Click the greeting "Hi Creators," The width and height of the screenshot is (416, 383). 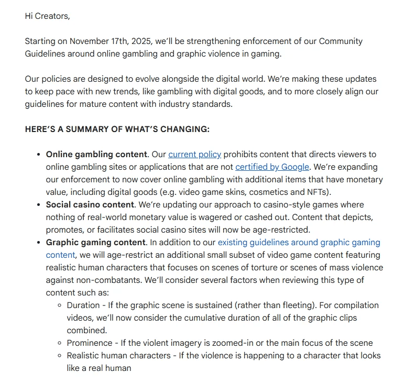pos(47,16)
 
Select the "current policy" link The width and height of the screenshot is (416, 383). pos(194,154)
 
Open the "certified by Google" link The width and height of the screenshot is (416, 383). pos(272,167)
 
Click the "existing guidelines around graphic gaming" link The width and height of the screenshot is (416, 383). pos(299,242)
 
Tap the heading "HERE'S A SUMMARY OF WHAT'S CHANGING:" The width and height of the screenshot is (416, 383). pos(117,129)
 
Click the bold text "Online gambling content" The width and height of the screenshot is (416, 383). pos(96,154)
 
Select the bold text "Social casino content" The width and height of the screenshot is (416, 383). pos(91,204)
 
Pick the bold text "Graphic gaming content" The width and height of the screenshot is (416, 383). pos(96,242)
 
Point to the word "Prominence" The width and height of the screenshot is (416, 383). pos(90,343)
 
